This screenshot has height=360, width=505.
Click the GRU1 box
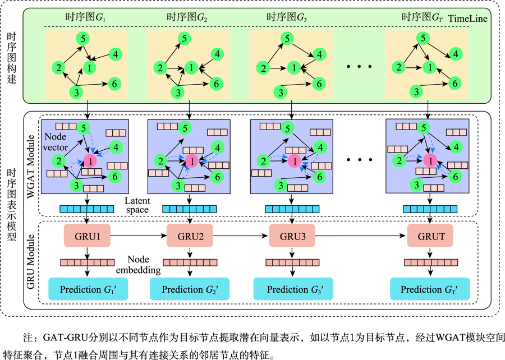click(x=88, y=237)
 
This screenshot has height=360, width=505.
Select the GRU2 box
click(x=190, y=237)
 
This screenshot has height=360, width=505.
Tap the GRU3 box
click(x=292, y=237)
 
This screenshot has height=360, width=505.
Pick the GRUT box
click(x=430, y=237)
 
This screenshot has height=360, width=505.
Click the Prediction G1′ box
click(x=85, y=289)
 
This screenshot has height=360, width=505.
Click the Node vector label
click(x=57, y=142)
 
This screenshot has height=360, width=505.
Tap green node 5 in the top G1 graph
click(x=83, y=39)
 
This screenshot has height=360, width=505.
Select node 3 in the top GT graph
click(x=416, y=91)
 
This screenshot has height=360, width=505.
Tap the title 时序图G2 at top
click(x=187, y=17)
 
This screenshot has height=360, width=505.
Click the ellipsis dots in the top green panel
click(x=359, y=67)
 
